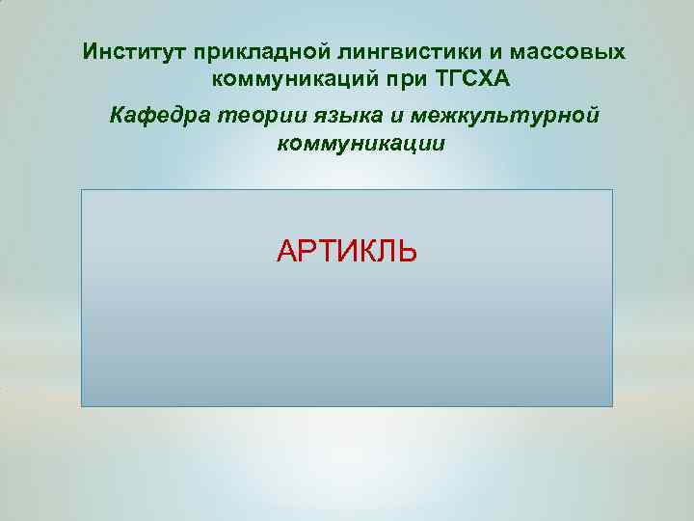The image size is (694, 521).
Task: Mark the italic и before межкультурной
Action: [x=396, y=117]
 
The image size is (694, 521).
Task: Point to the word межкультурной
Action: [x=504, y=117]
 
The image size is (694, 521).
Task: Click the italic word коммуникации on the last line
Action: [x=360, y=144]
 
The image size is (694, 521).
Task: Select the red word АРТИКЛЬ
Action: [x=347, y=252]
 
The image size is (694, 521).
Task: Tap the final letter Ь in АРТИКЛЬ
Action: [x=408, y=252]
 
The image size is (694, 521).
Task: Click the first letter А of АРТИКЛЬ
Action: [x=286, y=252]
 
